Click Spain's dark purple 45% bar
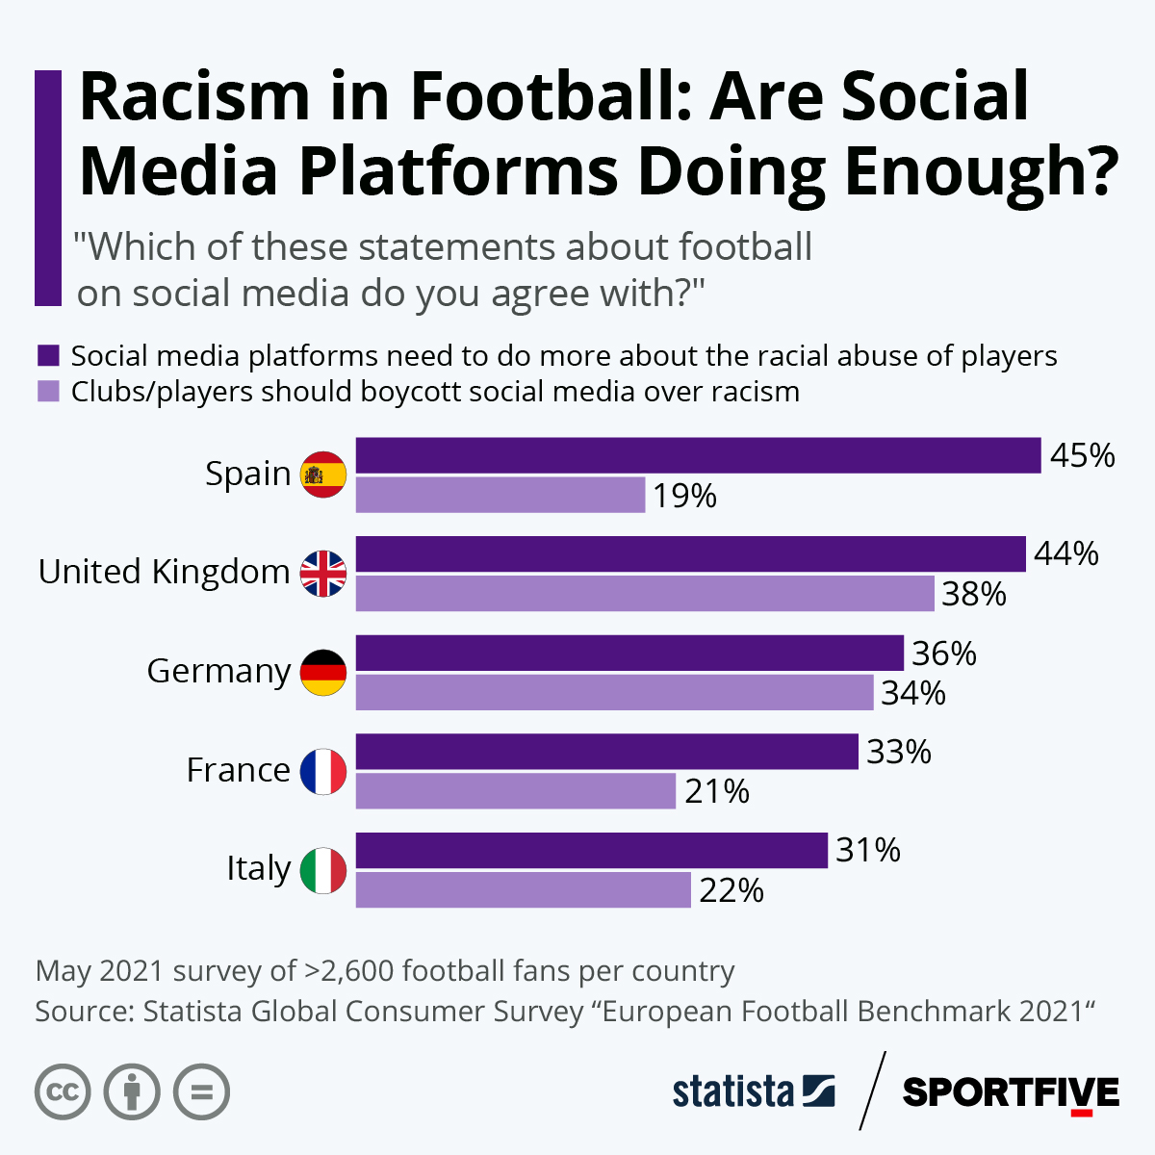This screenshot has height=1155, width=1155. (698, 455)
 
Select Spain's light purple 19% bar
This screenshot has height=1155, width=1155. (500, 495)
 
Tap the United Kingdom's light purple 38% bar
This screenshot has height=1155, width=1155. (645, 594)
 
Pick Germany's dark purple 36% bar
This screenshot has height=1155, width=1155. (629, 653)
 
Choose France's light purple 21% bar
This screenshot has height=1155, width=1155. (516, 791)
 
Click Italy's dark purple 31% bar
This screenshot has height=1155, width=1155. (591, 850)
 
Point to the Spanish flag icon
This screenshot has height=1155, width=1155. (323, 474)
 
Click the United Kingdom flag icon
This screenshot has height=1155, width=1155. (323, 573)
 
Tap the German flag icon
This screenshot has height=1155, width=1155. (323, 672)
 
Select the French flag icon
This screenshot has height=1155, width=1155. (323, 771)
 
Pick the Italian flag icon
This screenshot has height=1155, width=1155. (323, 869)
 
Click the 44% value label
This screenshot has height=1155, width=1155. (1066, 553)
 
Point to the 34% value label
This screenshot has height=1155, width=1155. (913, 693)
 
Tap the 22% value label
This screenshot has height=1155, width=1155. (731, 890)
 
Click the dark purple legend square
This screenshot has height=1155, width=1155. (48, 355)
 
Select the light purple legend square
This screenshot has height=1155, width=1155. (48, 392)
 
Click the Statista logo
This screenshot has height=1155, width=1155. (753, 1091)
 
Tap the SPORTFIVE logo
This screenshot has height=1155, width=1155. (1011, 1092)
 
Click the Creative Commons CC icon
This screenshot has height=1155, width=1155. (63, 1092)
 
